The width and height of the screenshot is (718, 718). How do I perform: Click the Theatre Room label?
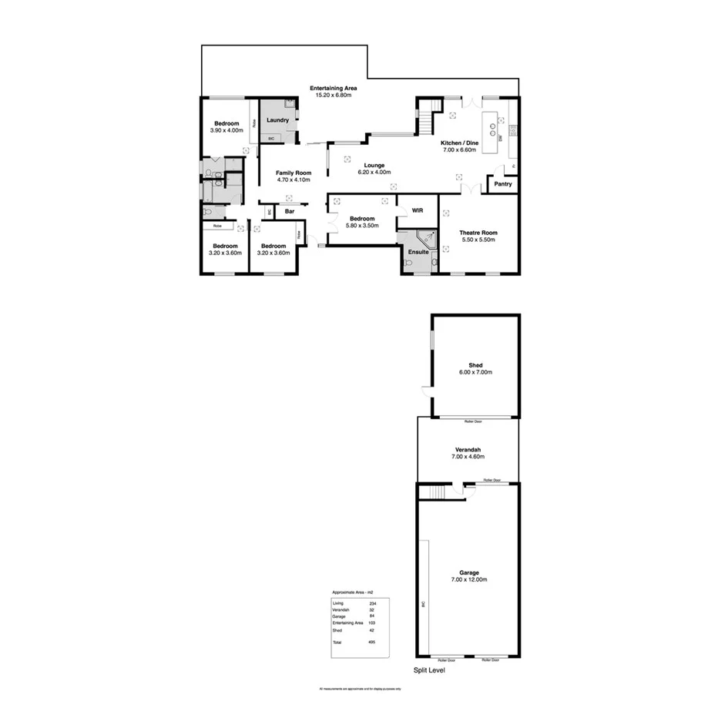[x=478, y=233]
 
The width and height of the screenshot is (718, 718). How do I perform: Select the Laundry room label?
[x=277, y=120]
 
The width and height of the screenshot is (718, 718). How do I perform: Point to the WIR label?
[x=418, y=210]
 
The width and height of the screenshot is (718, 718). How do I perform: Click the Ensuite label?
[x=419, y=252]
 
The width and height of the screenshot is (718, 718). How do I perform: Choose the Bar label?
[x=290, y=211]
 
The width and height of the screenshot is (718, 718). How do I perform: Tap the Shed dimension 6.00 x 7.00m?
[x=475, y=372]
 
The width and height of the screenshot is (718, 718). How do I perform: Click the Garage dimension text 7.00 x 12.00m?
[x=469, y=580]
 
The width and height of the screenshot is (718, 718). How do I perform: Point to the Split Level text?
[x=429, y=670]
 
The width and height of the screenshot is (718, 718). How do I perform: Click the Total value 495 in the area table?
[x=372, y=642]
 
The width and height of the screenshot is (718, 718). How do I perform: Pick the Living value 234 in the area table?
[x=372, y=602]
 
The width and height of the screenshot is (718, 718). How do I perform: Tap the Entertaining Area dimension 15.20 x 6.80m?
[x=333, y=95]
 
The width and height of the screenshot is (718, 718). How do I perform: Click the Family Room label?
[x=294, y=173]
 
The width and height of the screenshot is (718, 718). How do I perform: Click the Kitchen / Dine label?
[x=460, y=143]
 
